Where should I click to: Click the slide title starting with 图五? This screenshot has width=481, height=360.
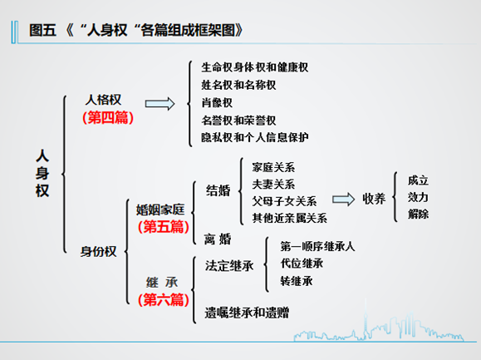136,31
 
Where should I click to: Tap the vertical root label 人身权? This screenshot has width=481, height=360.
42,173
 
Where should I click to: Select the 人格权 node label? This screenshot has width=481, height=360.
103,100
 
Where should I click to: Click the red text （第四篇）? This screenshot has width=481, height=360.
108,118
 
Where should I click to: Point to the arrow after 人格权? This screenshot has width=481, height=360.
160,104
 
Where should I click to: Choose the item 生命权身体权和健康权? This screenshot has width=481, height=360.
254,67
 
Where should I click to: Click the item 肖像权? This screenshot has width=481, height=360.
217,102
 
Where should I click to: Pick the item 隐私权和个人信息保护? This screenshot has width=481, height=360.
254,137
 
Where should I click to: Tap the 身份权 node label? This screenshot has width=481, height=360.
99,252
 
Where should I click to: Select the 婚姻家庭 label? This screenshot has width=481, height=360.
160,210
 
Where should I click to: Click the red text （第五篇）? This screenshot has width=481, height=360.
163,227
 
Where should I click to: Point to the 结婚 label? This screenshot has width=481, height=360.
218,190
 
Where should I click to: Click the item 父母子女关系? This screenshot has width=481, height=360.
284,201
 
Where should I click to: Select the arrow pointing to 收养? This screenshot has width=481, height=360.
344,200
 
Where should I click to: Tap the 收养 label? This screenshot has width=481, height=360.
374,199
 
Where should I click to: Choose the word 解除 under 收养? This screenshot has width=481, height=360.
418,214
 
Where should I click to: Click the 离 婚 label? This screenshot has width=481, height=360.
218,239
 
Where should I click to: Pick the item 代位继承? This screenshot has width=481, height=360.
302,264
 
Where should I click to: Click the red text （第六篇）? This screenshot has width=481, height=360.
163,299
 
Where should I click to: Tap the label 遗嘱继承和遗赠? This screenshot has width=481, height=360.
247,313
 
